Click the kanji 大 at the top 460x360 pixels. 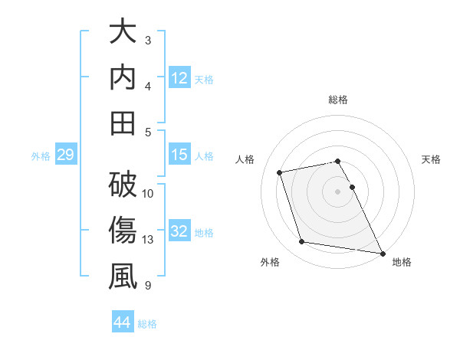tap(123, 34)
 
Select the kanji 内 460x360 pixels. tap(123, 78)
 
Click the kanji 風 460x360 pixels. tap(123, 277)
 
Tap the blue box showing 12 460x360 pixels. tap(179, 77)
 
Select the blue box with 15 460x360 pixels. tap(179, 155)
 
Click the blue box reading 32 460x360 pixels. tap(179, 231)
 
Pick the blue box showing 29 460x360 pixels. tap(65, 155)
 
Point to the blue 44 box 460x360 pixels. tap(122, 322)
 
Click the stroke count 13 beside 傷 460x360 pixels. tap(149, 240)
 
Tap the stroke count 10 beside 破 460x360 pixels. tap(149, 193)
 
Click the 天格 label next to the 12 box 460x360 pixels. tap(204, 79)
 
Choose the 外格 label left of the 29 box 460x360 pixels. tap(41, 156)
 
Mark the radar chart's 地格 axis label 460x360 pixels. tap(402, 262)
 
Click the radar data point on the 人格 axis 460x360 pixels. tap(281, 172)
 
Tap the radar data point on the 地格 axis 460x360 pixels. tap(382, 253)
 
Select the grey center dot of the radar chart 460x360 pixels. tap(337, 191)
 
